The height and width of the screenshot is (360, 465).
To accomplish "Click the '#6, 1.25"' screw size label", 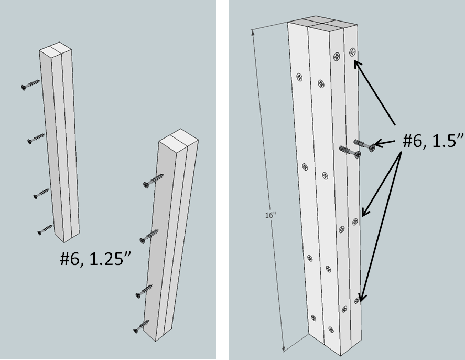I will [95, 260].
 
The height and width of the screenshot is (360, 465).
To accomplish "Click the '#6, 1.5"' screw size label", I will [433, 141].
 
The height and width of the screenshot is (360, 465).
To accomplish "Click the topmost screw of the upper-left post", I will [31, 84].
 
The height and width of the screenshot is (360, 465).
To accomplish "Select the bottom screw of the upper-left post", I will [45, 229].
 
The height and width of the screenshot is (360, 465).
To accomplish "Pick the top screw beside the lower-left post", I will [153, 181].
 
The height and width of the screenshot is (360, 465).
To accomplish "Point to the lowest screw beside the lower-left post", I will [143, 327].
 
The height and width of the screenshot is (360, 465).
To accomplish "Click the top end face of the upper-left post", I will [55, 51].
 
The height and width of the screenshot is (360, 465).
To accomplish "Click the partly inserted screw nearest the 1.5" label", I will [365, 145].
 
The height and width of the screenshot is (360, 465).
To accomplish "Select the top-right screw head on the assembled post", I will [352, 52].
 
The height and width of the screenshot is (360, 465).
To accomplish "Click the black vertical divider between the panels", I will [222, 180].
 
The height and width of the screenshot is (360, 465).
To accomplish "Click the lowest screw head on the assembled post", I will [331, 330].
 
